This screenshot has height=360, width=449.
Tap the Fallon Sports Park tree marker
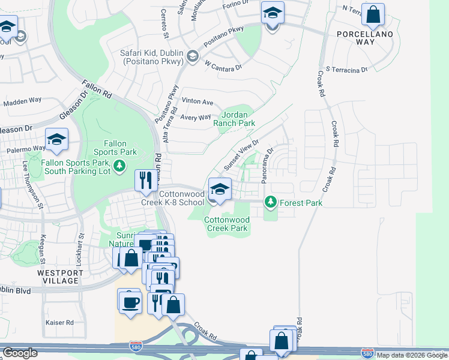pos(120,165)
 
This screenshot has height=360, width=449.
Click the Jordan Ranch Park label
pos(239,118)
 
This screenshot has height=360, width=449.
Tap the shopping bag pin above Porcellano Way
pos(373,16)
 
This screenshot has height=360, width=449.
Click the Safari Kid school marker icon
pos(193,57)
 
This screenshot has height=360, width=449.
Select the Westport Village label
pos(58,277)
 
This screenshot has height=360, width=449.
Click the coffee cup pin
pos(130,301)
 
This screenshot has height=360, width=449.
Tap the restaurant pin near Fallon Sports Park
pos(146,180)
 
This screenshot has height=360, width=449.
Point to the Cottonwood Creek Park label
pos(226,224)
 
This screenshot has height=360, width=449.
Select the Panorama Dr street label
pos(267,165)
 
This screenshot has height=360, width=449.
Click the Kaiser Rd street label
pos(59,323)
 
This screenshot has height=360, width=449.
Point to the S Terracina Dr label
pos(346,70)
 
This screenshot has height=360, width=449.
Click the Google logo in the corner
pos(20,353)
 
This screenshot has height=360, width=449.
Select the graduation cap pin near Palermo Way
pos(57,140)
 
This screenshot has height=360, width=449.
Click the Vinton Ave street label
pos(198,102)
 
